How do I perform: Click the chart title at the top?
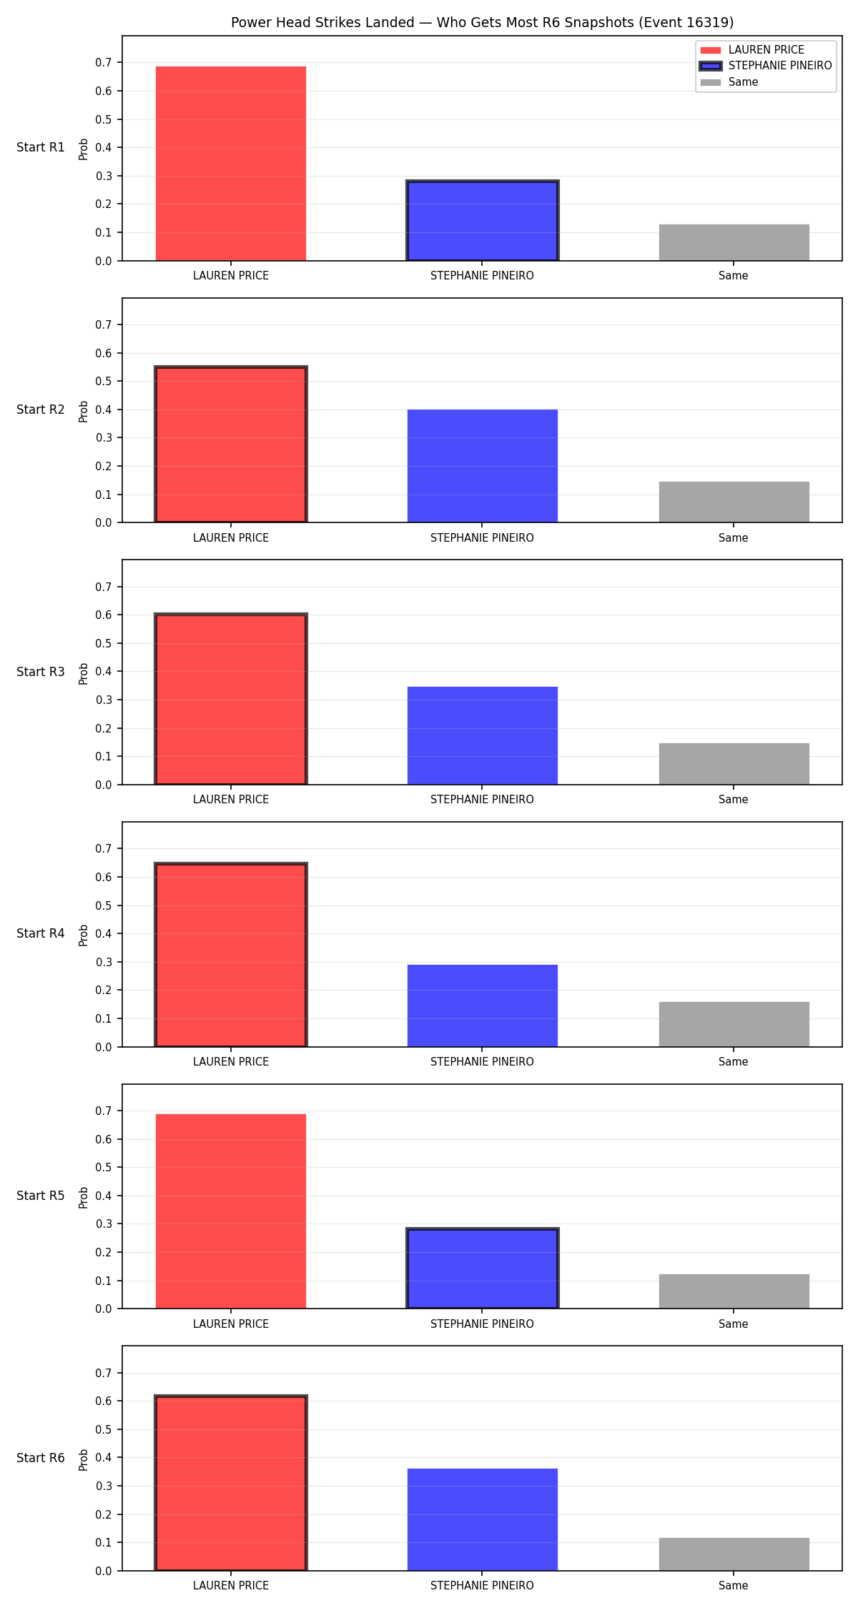tap(482, 22)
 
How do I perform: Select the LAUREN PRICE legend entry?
tap(752, 50)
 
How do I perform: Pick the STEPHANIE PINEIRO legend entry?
tap(766, 66)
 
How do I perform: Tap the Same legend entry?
tap(729, 82)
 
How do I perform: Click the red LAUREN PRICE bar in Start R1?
tap(231, 164)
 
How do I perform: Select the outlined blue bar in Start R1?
tap(483, 221)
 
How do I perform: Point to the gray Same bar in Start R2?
tap(734, 502)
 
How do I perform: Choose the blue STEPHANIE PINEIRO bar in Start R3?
tap(483, 735)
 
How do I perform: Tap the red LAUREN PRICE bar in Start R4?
tap(231, 955)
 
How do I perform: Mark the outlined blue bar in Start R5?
tap(483, 1269)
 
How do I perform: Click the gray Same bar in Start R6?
tap(734, 1554)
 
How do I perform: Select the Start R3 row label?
tap(41, 672)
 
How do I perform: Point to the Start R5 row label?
tap(41, 1196)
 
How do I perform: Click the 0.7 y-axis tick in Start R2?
tap(104, 325)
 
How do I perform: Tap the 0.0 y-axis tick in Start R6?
tap(104, 1571)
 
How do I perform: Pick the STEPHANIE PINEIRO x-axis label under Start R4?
tap(482, 1062)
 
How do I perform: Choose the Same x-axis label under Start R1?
tap(734, 276)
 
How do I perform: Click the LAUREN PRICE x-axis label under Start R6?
tap(231, 1586)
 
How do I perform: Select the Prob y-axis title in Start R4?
tap(84, 935)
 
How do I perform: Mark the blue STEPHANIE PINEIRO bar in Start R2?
tap(483, 466)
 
